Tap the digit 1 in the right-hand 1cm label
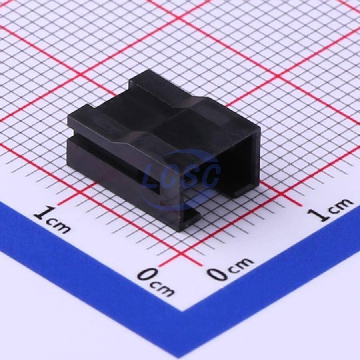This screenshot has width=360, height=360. tap(317, 214)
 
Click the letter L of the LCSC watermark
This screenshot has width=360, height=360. tap(150, 176)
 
